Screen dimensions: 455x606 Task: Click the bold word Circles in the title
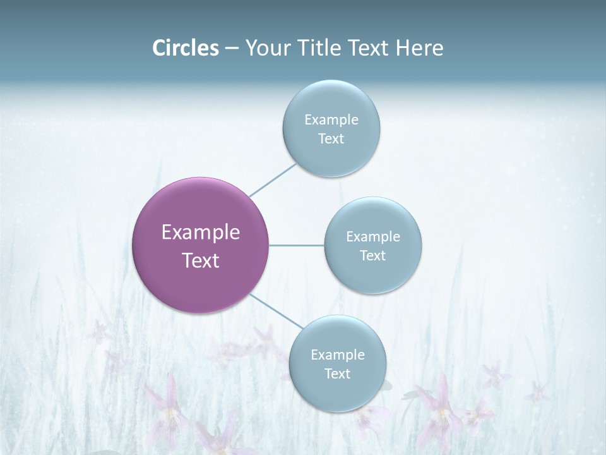tap(186, 48)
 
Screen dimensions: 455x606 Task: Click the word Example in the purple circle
tap(201, 233)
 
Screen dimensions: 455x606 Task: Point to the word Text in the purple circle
tap(201, 260)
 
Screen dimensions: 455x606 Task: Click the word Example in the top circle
tap(331, 119)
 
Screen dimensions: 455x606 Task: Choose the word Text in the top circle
tap(331, 139)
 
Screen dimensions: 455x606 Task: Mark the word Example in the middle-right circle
tap(373, 236)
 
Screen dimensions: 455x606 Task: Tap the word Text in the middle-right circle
tap(373, 255)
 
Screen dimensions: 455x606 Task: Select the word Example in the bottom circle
tap(338, 355)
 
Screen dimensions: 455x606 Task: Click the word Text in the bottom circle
tap(338, 373)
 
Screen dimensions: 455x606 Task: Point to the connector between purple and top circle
tap(273, 180)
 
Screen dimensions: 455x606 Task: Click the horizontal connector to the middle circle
tap(297, 245)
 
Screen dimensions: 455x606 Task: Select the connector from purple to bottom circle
tap(276, 310)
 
